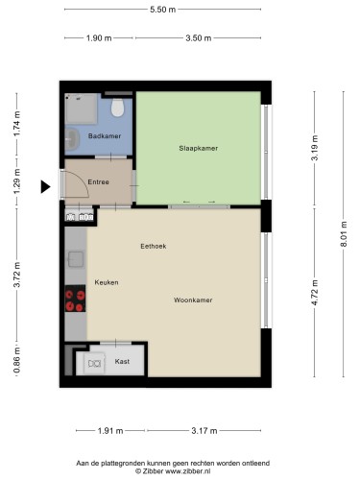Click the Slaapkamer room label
[199, 148]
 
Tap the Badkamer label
[105, 136]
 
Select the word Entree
[98, 181]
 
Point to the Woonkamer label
[193, 300]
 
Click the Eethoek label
[154, 246]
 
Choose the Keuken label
[107, 282]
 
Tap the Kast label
[122, 361]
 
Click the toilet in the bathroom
[117, 108]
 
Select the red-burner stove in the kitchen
[75, 299]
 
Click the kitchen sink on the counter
[76, 259]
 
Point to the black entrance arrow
[45, 186]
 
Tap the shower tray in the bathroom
[81, 108]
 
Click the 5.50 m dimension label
[163, 10]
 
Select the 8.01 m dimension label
[344, 234]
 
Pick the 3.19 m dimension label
[315, 148]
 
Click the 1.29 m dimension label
[16, 181]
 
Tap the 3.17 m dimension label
[204, 431]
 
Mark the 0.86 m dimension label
[16, 360]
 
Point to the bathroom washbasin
[72, 139]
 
